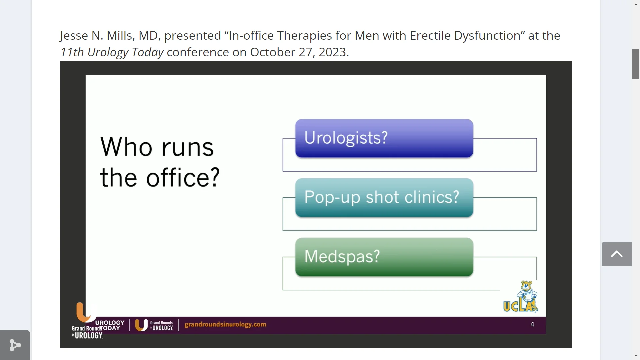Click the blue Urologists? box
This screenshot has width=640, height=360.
pos(384,138)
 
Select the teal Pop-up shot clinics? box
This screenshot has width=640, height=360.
pos(384,197)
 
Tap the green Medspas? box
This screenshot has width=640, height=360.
pos(384,257)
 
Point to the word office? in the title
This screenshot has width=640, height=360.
pos(183,178)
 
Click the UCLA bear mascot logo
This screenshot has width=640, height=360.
pos(521,297)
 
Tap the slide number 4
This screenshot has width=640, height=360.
pos(532,324)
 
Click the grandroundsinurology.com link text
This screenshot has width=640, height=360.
pos(225,324)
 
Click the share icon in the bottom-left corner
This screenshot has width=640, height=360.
pos(15,345)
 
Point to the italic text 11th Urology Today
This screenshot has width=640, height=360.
pos(112,52)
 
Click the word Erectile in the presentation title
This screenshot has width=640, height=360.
pos(430,36)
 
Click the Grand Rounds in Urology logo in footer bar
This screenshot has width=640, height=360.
pos(154,325)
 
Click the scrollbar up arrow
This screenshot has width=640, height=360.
pos(636,4)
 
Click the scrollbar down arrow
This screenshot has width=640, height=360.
pos(636,356)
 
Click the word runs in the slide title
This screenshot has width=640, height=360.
pos(188,147)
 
